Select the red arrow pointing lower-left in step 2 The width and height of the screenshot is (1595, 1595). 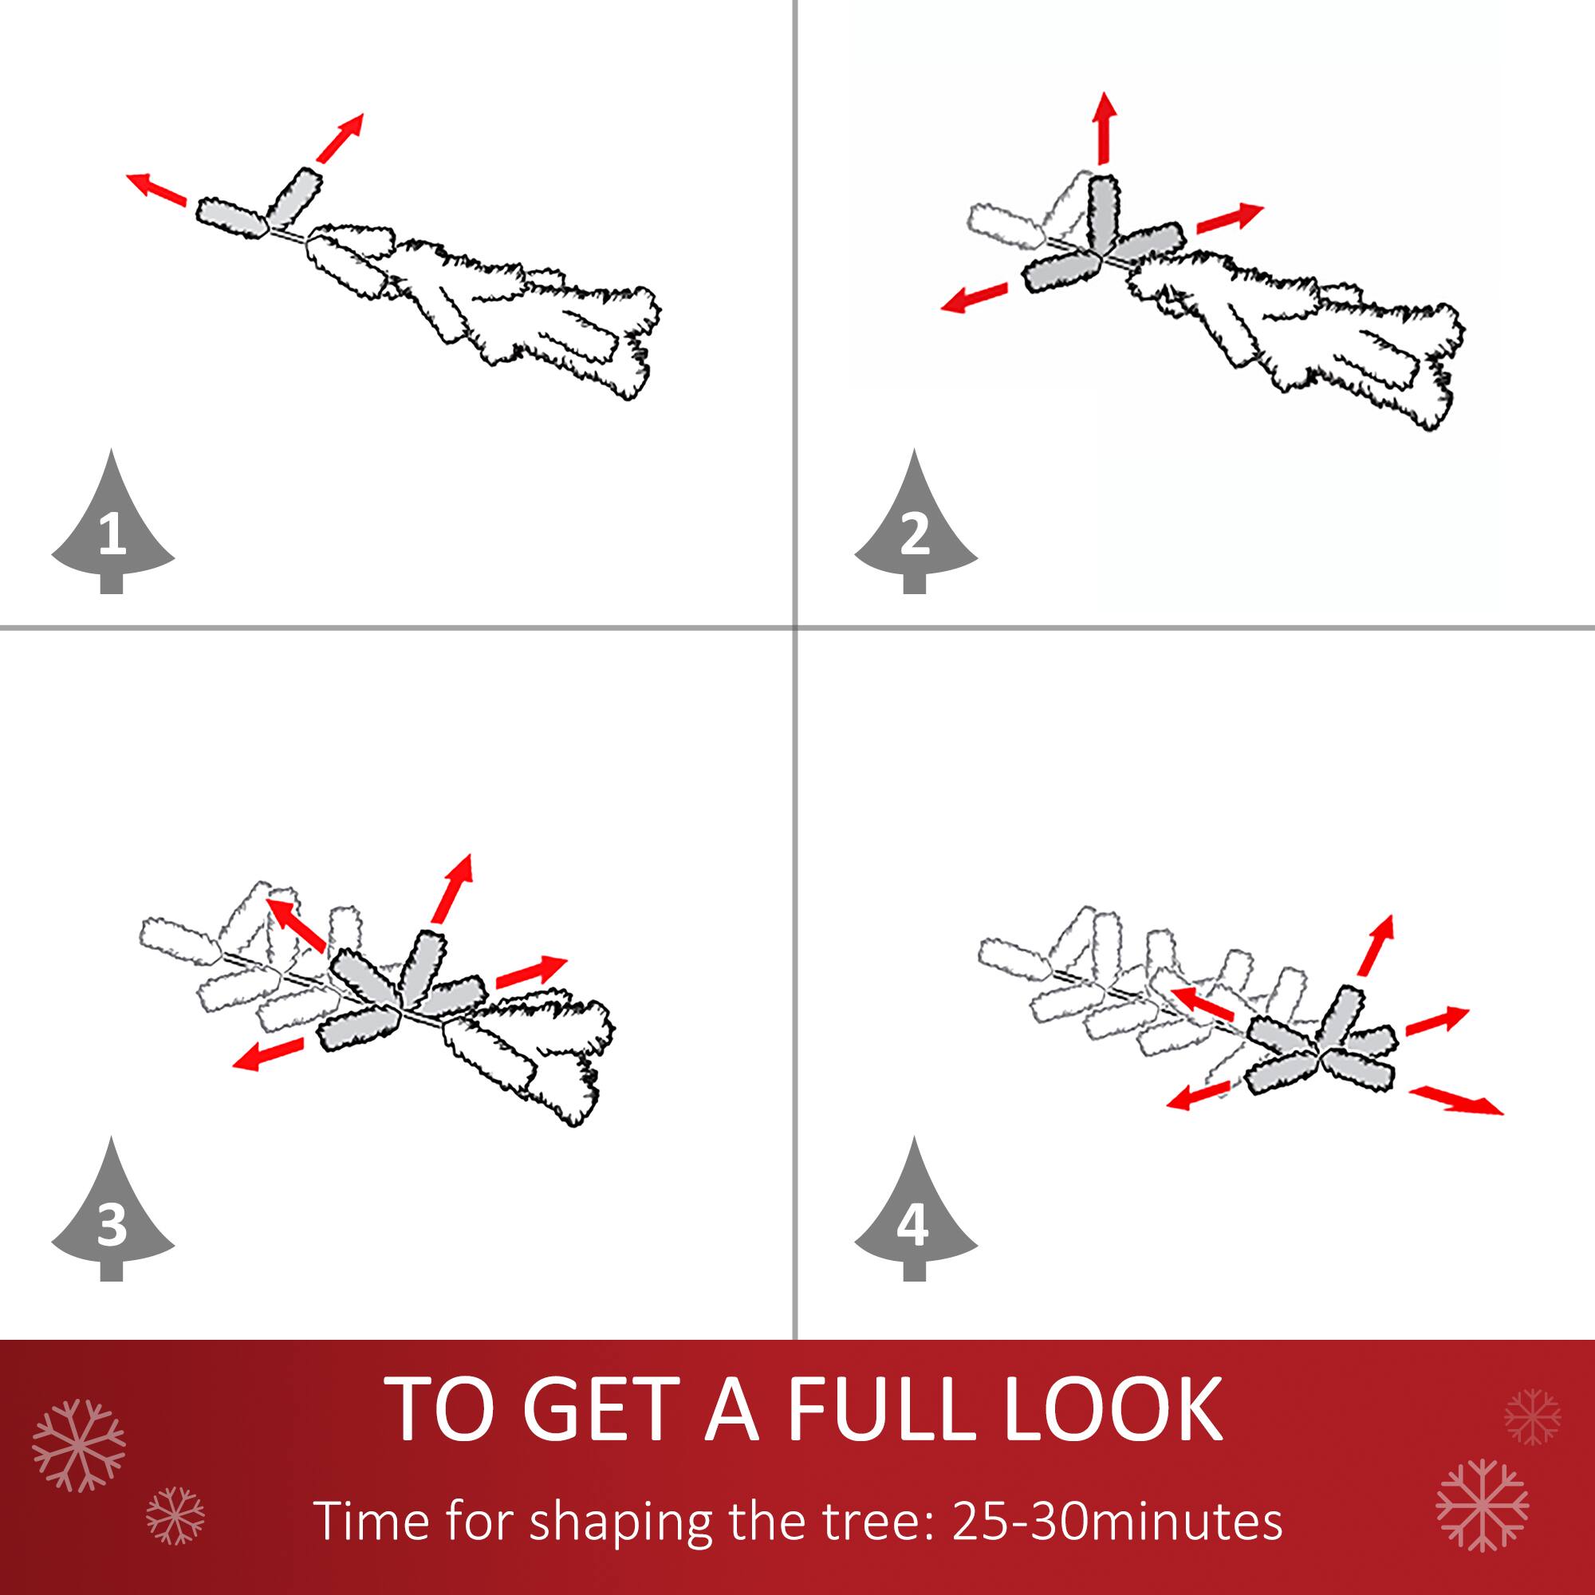click(x=975, y=297)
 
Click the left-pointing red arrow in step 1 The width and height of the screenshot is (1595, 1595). click(x=156, y=189)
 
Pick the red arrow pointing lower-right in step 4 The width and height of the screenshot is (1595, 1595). click(x=1455, y=1101)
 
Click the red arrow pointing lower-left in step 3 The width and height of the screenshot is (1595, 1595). click(x=267, y=1054)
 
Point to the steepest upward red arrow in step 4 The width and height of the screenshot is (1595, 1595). click(x=1376, y=946)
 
